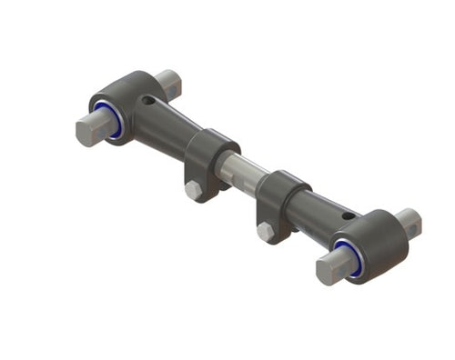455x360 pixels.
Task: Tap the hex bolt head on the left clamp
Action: click(x=192, y=190)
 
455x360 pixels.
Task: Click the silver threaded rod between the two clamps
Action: click(x=244, y=171)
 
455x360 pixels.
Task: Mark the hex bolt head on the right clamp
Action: click(x=265, y=231)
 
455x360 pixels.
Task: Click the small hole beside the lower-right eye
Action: click(x=348, y=215)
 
